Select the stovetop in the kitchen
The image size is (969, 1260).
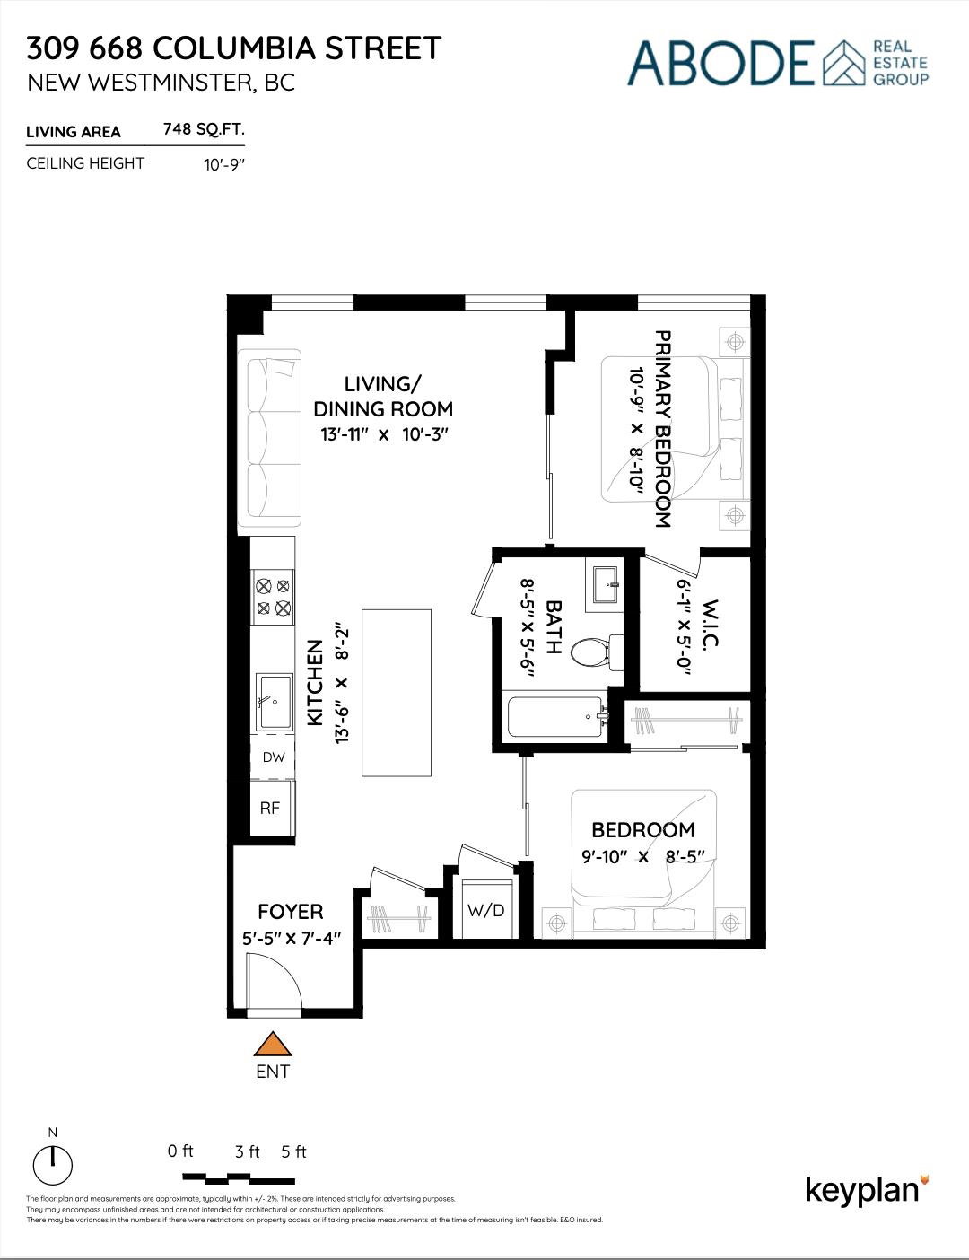[273, 597]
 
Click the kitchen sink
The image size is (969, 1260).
[275, 701]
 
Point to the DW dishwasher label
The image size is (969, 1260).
[274, 757]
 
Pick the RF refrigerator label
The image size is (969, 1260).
[270, 808]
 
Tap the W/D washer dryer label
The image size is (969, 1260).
[485, 910]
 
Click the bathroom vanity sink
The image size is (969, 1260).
[607, 584]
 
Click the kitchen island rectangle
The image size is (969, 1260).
[397, 692]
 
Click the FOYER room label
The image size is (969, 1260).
[291, 912]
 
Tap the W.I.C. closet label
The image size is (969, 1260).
[711, 624]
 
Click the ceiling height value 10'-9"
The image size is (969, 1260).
[224, 164]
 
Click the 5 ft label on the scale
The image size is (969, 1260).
[293, 1151]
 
